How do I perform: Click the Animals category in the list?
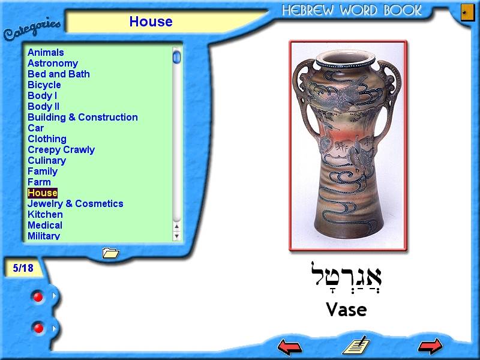tap(46, 52)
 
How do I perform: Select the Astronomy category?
tap(53, 64)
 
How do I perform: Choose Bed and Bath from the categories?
tap(58, 74)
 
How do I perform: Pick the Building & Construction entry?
tap(83, 117)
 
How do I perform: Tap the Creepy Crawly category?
tap(61, 149)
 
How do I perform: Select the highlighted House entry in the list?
tap(43, 193)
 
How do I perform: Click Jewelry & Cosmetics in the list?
tap(76, 203)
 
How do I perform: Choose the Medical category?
tap(45, 226)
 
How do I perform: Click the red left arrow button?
tap(290, 347)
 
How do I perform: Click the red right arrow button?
tap(430, 346)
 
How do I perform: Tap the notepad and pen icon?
tap(356, 346)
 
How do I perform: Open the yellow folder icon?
tap(110, 253)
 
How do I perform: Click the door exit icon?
tap(468, 12)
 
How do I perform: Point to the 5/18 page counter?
tap(23, 268)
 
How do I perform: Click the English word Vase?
tap(346, 310)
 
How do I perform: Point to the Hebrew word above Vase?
tap(346, 277)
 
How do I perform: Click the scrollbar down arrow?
tap(176, 236)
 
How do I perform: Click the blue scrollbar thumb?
tap(176, 57)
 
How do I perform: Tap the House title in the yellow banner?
tap(151, 22)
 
